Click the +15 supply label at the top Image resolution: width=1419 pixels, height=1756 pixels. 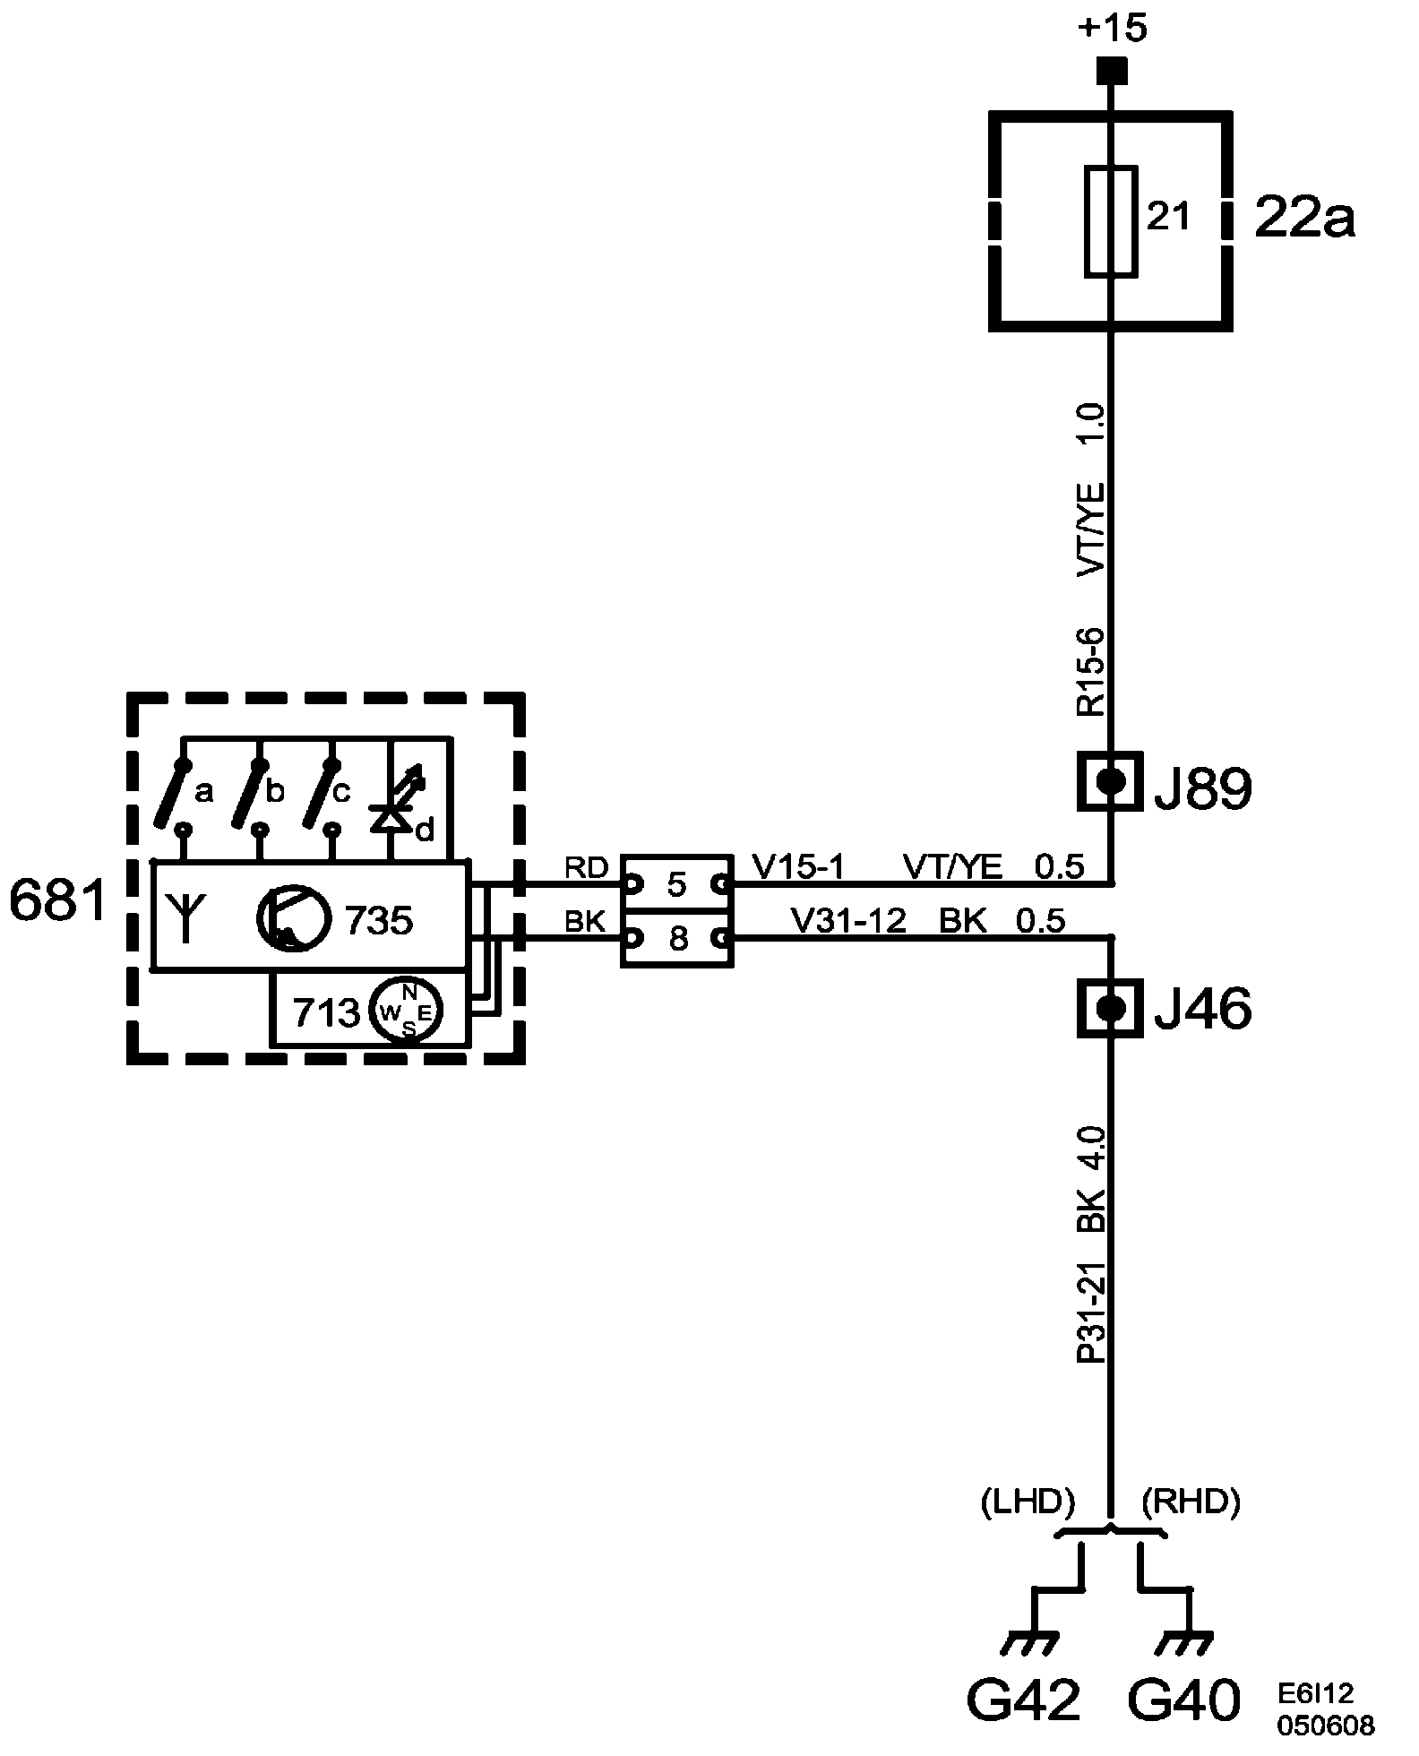pyautogui.click(x=1113, y=29)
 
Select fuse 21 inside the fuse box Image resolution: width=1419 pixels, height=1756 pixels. pyautogui.click(x=1112, y=219)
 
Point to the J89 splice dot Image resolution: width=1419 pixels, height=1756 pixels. pyautogui.click(x=1111, y=780)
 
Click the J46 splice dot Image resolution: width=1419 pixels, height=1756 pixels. pyautogui.click(x=1111, y=1008)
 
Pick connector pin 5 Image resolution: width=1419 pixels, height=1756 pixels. pyautogui.click(x=677, y=885)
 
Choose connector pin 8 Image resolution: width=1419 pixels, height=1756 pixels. pyautogui.click(x=677, y=940)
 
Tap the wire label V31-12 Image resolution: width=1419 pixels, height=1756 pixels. pyautogui.click(x=847, y=920)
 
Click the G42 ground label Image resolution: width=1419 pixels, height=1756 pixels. pyautogui.click(x=1023, y=1700)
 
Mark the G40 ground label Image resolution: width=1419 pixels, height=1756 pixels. pyautogui.click(x=1183, y=1700)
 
